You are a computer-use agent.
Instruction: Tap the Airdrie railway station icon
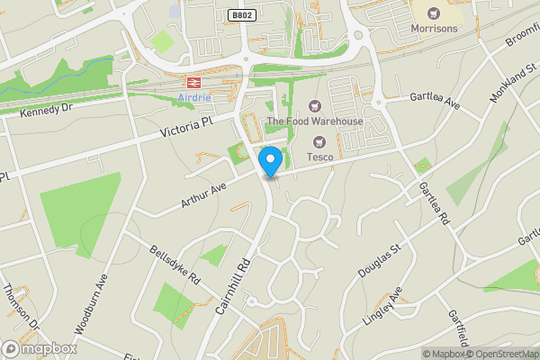pyautogui.click(x=193, y=83)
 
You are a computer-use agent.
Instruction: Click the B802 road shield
pyautogui.click(x=240, y=15)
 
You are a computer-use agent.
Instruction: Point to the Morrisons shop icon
pyautogui.click(x=434, y=13)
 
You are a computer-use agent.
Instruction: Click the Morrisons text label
pyautogui.click(x=434, y=28)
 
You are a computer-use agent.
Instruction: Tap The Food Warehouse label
pyautogui.click(x=314, y=121)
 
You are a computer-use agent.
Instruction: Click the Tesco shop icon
pyautogui.click(x=319, y=141)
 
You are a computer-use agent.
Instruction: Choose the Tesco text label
pyautogui.click(x=320, y=157)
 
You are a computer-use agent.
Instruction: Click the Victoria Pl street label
pyautogui.click(x=187, y=127)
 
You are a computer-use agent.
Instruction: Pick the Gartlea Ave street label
pyautogui.click(x=435, y=101)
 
